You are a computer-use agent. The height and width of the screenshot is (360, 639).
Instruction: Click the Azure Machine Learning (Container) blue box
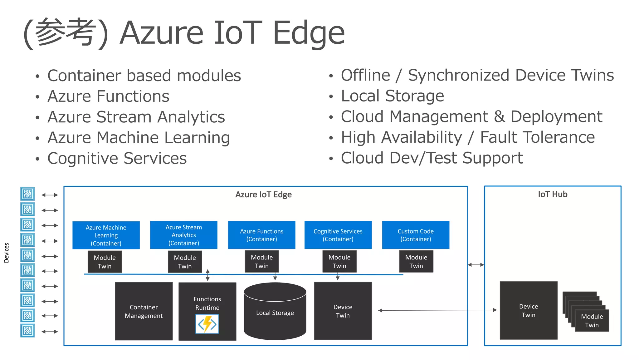(x=106, y=235)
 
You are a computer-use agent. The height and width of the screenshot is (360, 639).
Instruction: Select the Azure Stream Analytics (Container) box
(x=183, y=235)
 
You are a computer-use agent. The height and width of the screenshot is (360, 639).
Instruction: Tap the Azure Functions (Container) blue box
(x=261, y=235)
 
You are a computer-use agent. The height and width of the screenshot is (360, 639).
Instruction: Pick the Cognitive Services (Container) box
(x=338, y=235)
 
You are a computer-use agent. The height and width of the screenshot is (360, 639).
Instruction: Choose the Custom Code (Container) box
(x=416, y=235)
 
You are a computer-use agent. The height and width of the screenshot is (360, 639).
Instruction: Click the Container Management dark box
(x=144, y=311)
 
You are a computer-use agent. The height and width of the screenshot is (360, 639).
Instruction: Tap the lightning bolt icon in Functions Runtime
(x=207, y=324)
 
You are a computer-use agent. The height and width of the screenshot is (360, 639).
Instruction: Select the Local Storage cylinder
(x=275, y=312)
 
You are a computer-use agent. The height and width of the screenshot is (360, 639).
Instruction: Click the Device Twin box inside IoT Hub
(x=528, y=310)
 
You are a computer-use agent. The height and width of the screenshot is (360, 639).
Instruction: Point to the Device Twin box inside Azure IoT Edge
(x=343, y=311)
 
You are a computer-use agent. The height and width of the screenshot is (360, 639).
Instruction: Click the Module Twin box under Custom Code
(x=416, y=261)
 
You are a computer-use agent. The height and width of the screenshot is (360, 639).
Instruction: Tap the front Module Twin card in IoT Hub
(x=592, y=320)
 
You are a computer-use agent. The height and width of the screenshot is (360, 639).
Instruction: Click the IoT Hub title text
(x=552, y=194)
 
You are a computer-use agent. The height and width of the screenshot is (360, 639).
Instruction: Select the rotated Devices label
(x=7, y=253)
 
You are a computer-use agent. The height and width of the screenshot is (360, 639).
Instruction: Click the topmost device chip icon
(x=27, y=194)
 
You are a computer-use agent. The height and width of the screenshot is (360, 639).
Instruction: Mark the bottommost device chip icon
(x=27, y=330)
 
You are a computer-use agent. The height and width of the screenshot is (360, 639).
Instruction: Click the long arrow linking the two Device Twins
(x=437, y=310)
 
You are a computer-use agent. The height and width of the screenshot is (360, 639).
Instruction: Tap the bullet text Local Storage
(x=392, y=96)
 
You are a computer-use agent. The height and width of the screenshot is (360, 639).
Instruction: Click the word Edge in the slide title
(x=309, y=32)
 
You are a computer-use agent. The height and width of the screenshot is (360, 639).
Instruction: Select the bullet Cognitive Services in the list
(x=117, y=158)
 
